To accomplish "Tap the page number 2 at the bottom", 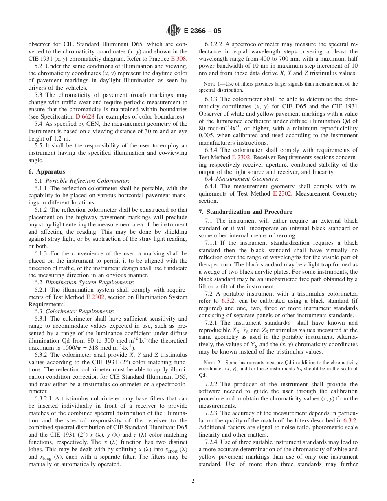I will [x=193, y=481].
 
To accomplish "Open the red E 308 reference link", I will [x=179, y=59].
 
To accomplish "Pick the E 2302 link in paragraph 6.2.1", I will [x=95, y=297].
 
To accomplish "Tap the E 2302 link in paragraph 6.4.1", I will [x=281, y=193].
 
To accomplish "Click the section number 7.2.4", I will [x=214, y=442].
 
